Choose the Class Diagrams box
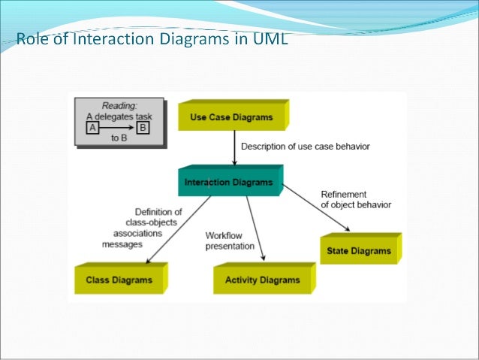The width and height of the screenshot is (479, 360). [119, 280]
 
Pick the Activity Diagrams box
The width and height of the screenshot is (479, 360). [262, 280]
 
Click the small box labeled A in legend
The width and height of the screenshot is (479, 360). [93, 128]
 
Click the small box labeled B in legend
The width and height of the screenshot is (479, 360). [143, 128]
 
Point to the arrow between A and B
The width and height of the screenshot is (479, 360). [118, 128]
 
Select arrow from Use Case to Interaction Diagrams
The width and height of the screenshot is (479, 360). [235, 150]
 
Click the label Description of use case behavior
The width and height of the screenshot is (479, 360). [306, 146]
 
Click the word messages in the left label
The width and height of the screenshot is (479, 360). [123, 243]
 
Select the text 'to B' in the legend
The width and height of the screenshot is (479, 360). [118, 138]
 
